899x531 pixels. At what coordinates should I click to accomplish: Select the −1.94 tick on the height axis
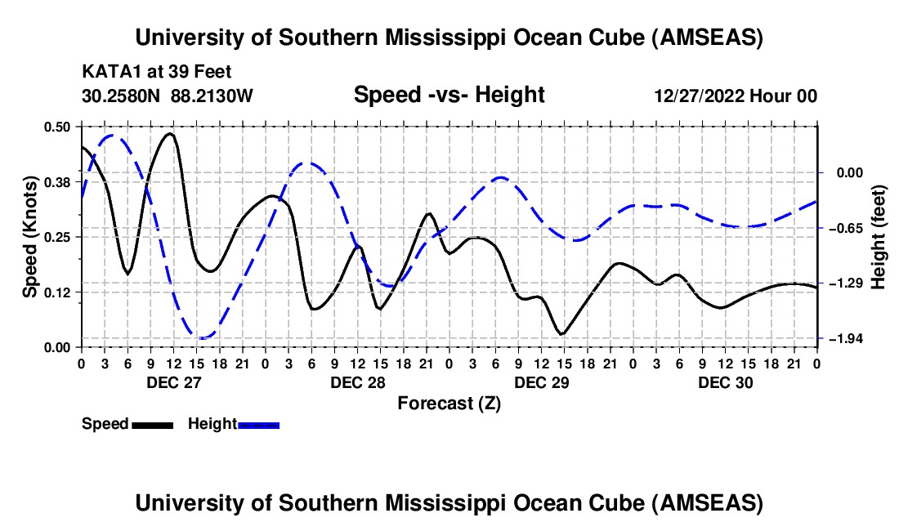coord(844,338)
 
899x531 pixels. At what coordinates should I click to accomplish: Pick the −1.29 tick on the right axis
coord(844,283)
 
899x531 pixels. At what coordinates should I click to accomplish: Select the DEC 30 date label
coord(725,382)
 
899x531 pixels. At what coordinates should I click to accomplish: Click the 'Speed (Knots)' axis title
coord(30,236)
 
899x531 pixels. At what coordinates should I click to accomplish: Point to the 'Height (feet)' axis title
coord(879,236)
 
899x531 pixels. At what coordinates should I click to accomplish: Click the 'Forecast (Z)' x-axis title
coord(449,403)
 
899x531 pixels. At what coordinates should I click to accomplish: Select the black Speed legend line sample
coord(152,424)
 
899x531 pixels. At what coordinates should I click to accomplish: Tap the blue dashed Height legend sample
coord(258,424)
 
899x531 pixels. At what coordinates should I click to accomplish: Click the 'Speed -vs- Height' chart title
coord(449,95)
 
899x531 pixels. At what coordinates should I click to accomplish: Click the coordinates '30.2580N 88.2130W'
coord(168,96)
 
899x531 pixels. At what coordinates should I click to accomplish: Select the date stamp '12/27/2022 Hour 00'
coord(736,96)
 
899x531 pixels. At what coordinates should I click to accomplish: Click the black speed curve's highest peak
coord(169,134)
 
